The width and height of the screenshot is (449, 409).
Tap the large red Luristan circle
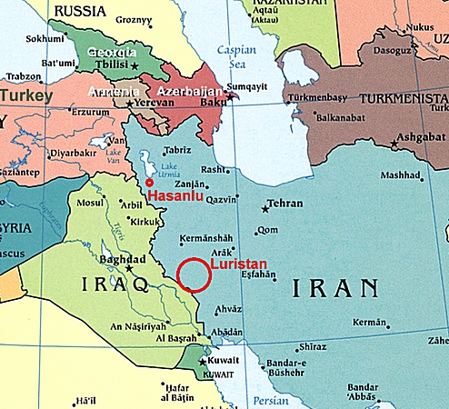point(195,274)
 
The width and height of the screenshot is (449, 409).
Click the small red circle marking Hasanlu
point(149,182)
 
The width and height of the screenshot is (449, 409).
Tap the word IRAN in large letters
point(335,289)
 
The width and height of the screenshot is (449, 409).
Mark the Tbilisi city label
point(115,66)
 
